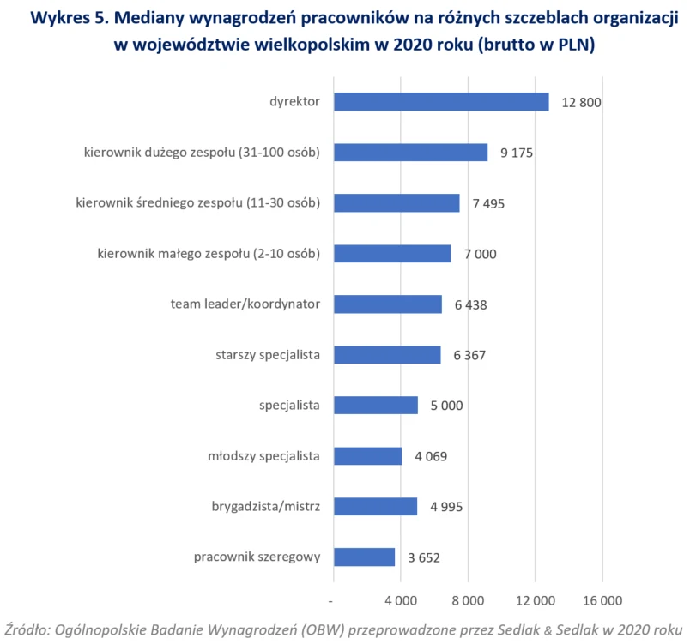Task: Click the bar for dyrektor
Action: coord(440,102)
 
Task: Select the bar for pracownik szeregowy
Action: coord(364,557)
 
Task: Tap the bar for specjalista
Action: coord(375,406)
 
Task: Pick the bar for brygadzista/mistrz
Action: coord(375,507)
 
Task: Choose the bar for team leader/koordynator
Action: coord(387,304)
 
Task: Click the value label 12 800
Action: coord(581,103)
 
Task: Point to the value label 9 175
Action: coord(518,153)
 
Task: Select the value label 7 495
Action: coord(490,204)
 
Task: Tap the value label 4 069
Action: coord(431,457)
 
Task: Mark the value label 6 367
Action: coord(470,356)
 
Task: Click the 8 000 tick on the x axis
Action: coord(468,599)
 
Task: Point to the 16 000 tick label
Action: coord(602,599)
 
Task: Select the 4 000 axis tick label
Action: coord(401,599)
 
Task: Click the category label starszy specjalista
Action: coord(267,355)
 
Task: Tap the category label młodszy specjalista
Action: coord(264,456)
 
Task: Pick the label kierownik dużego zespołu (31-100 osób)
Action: coord(203,153)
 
